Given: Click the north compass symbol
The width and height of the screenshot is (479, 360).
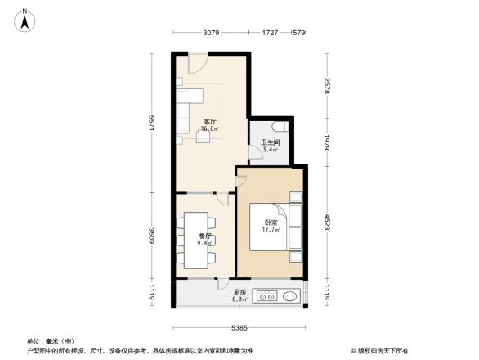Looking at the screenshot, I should pyautogui.click(x=25, y=20).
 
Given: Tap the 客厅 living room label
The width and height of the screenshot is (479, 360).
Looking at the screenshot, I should pyautogui.click(x=210, y=121).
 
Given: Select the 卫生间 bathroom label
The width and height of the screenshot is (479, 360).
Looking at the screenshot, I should pyautogui.click(x=271, y=143).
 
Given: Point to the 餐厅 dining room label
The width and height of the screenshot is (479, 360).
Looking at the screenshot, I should pyautogui.click(x=204, y=236).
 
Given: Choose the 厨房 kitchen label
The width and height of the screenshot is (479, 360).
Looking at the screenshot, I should pyautogui.click(x=239, y=292).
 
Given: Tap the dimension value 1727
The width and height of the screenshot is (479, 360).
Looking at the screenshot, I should pyautogui.click(x=271, y=33).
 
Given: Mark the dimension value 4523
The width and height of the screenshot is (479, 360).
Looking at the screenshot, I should pyautogui.click(x=326, y=222).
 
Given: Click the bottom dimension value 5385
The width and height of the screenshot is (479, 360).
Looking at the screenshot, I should pyautogui.click(x=239, y=328).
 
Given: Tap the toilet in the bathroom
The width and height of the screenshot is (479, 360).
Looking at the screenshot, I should pyautogui.click(x=280, y=127).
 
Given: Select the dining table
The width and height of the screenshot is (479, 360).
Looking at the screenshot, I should pyautogui.click(x=196, y=237).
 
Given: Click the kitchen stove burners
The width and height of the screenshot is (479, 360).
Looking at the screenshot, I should pyautogui.click(x=266, y=295).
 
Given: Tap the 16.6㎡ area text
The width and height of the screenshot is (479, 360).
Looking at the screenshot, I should pyautogui.click(x=210, y=129).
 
